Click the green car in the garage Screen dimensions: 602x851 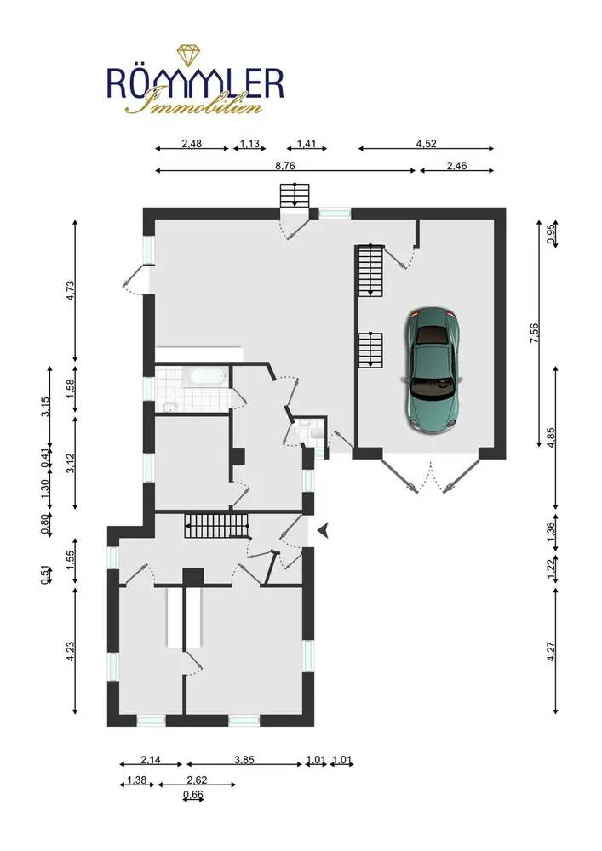click(432, 370)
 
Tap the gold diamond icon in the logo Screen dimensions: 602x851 click(188, 56)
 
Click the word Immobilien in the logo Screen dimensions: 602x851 click(194, 103)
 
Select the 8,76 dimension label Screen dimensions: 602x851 click(285, 166)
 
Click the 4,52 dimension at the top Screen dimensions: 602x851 click(426, 143)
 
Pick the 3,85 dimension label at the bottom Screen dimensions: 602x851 click(244, 760)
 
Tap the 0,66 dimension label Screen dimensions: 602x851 click(193, 795)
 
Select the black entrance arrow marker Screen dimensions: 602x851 click(324, 531)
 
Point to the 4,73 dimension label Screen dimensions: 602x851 click(70, 290)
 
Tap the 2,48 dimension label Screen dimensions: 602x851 click(192, 143)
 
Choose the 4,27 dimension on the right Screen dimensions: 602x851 click(551, 651)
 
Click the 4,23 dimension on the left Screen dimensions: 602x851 click(70, 651)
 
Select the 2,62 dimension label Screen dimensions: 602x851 click(197, 780)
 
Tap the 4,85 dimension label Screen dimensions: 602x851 click(551, 437)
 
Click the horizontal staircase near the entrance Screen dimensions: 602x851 click(216, 526)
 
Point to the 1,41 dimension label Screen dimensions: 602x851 click(307, 143)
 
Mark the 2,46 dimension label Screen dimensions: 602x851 click(456, 166)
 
